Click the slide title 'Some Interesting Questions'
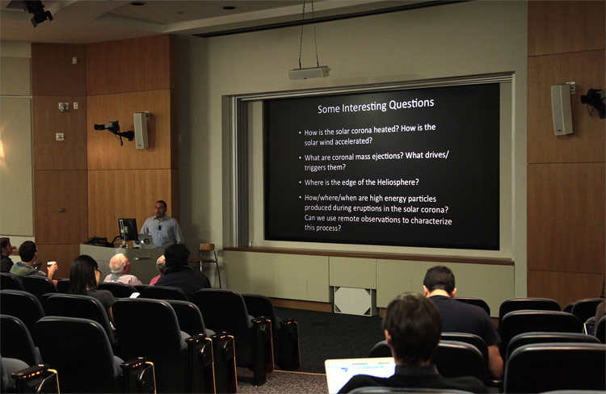(376, 106)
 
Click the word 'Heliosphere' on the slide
(396, 182)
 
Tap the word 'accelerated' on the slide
(351, 141)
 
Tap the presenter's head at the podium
(161, 208)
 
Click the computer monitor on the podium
(128, 230)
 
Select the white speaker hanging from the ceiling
(309, 73)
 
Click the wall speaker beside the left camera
(141, 131)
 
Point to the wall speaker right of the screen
(562, 110)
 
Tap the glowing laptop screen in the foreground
(359, 372)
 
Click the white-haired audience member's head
(119, 263)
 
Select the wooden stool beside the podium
(209, 263)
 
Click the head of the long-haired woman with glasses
(84, 271)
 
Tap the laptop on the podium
(145, 241)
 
